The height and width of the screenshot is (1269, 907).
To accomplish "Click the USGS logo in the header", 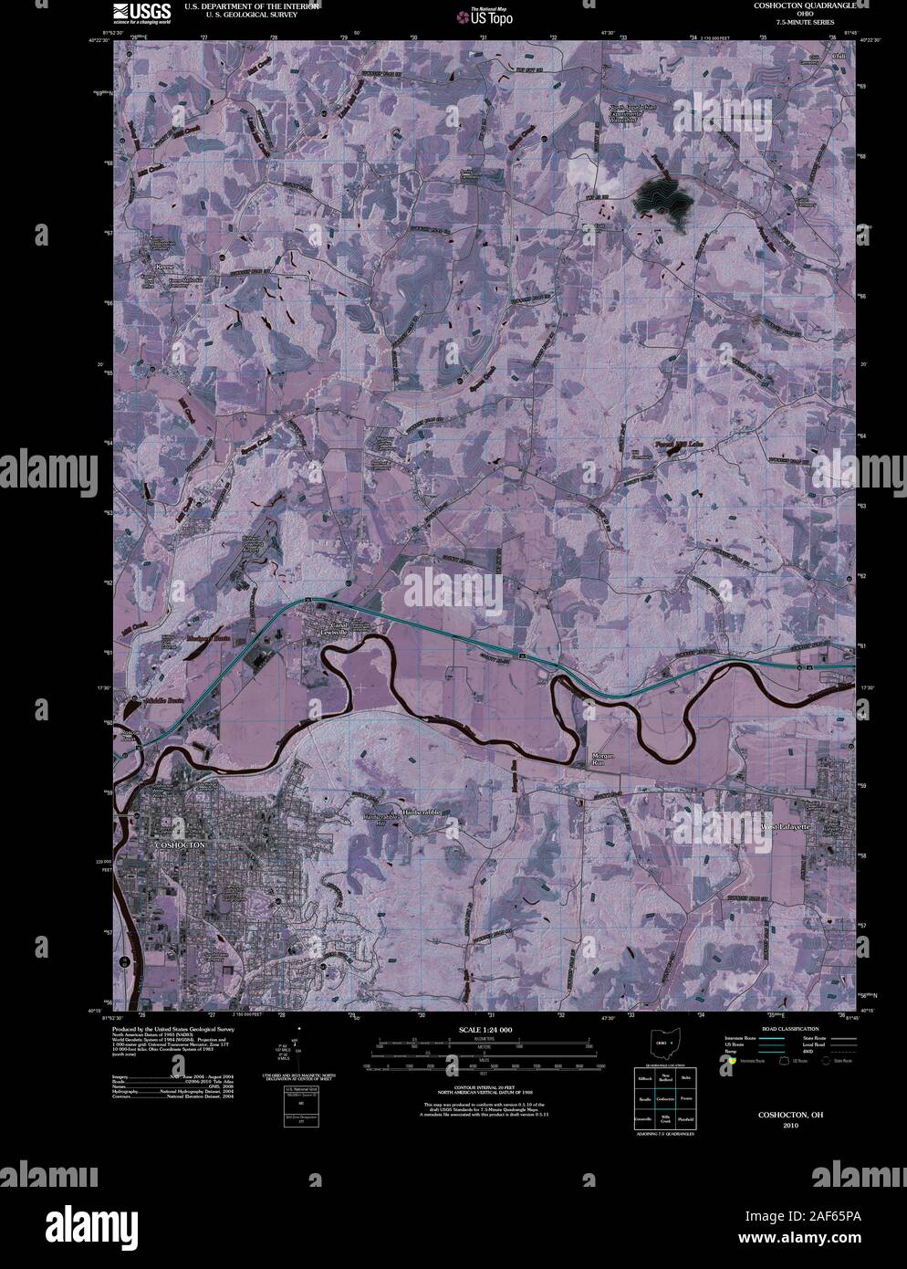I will (141, 12).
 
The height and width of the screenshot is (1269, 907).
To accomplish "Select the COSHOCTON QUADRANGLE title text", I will (804, 5).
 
